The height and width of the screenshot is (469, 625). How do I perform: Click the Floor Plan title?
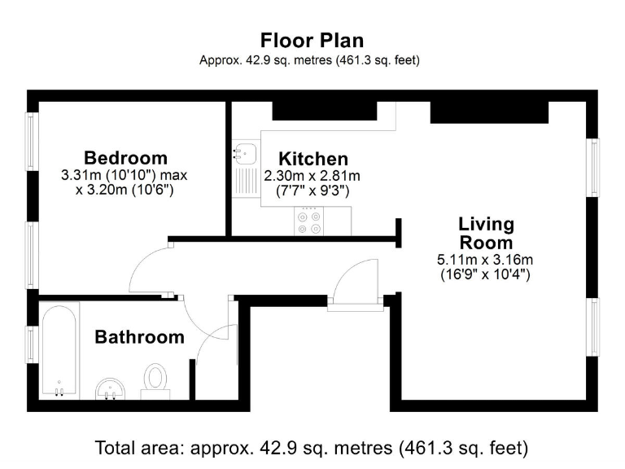tap(312, 40)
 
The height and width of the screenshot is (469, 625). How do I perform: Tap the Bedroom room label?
tap(125, 157)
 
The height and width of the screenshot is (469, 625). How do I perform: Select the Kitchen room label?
tap(313, 159)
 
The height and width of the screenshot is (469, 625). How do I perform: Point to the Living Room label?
tap(486, 233)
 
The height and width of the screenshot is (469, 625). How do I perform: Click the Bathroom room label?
tap(139, 336)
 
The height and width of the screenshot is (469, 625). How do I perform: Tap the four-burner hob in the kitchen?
tap(308, 221)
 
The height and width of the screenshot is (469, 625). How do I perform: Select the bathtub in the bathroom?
tap(59, 350)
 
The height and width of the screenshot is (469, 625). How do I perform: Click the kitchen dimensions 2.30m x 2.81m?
tap(312, 176)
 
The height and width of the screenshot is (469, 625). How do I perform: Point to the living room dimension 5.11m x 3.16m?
tap(485, 260)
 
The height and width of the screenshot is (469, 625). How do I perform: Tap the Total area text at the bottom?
tap(312, 447)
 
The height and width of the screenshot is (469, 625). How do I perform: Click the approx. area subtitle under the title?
tap(312, 60)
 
